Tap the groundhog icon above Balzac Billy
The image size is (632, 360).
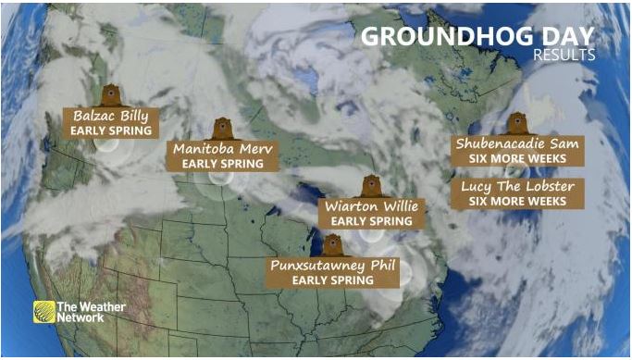coord(111,95)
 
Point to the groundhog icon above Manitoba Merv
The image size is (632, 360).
coord(221,128)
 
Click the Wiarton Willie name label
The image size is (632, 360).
coord(369,205)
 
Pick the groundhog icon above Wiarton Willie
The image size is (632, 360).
coord(369,185)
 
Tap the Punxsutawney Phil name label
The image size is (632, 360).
coord(333,265)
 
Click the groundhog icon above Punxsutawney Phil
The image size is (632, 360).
coord(333,244)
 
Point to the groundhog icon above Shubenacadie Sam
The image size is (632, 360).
coord(516,123)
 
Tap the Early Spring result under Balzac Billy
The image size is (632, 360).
coord(110,131)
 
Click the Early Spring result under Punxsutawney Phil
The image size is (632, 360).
coord(333,279)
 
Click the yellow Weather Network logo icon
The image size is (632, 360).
coord(43,312)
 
